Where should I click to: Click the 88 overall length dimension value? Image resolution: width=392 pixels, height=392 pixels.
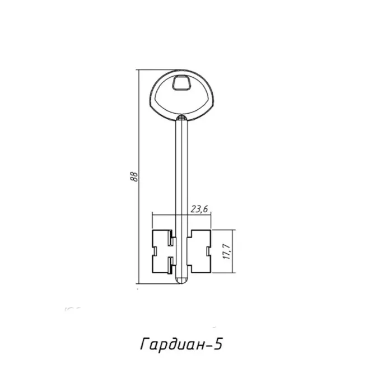[x=134, y=176]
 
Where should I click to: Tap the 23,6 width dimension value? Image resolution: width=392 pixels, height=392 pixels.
[x=199, y=209]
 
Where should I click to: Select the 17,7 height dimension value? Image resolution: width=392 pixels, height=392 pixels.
[x=227, y=251]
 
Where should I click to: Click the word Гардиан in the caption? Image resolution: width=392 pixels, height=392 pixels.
[x=172, y=344]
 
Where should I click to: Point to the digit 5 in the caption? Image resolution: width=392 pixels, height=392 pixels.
[x=218, y=344]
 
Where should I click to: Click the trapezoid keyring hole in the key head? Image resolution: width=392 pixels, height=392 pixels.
[x=182, y=82]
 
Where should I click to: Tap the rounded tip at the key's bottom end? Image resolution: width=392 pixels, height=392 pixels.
[x=182, y=281]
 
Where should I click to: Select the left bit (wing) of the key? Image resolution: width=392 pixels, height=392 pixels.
[x=162, y=251]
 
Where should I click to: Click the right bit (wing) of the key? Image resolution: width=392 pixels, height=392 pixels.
[x=199, y=251]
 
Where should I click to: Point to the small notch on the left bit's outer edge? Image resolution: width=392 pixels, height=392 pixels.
[x=155, y=251]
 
